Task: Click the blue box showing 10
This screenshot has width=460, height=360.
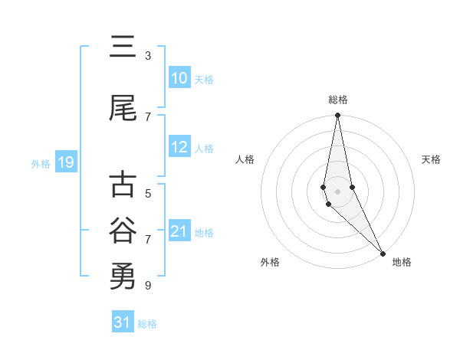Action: coord(179,78)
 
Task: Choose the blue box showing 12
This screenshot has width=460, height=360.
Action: coord(179,148)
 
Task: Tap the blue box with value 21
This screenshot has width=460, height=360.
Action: coord(179,231)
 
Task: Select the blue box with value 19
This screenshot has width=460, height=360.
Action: coord(66,162)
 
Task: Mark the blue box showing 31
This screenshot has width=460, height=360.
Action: coord(123,322)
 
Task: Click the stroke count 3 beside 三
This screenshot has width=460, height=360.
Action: coord(148,56)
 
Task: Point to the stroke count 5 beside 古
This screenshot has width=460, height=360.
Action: coord(148,194)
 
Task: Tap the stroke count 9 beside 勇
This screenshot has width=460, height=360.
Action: coord(148,285)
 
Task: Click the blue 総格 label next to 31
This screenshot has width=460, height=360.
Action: coord(147,324)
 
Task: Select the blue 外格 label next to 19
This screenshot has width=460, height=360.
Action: coord(41,163)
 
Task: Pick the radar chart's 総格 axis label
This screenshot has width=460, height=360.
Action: coord(338,100)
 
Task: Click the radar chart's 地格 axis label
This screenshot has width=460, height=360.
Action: coord(402,262)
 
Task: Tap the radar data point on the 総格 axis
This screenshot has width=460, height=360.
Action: coord(337,116)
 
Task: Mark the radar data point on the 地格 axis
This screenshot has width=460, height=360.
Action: coord(383,253)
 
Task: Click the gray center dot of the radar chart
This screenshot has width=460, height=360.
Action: coord(337,191)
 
